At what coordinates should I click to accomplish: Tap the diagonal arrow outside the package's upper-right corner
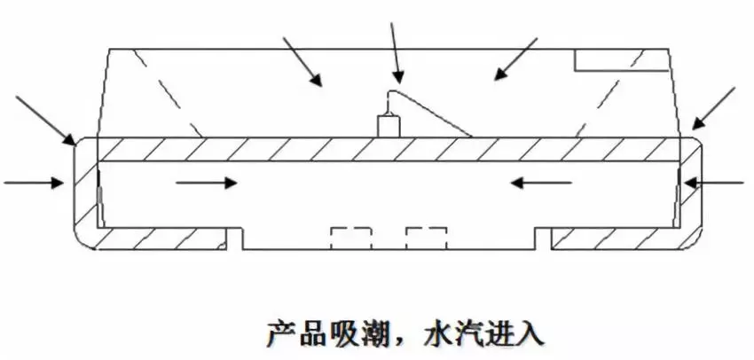point(715,109)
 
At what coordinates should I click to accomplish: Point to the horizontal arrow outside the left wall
point(34,183)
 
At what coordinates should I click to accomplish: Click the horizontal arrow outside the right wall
point(718,183)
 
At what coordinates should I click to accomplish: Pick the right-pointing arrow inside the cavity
point(207,183)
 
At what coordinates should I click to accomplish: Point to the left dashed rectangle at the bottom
point(350,238)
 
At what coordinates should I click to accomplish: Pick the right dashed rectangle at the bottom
point(426,238)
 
